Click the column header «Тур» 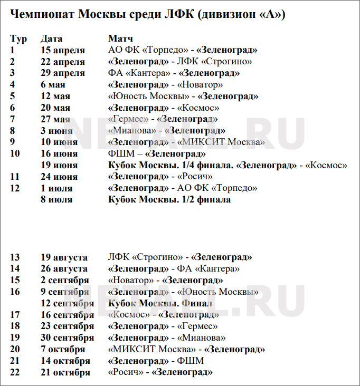(18, 38)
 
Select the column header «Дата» (51, 38)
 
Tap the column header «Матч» (121, 38)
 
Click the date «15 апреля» (63, 50)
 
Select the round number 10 (15, 153)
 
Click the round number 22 (15, 372)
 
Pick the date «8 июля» (56, 200)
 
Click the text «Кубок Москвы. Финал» (160, 303)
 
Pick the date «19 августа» (64, 257)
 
